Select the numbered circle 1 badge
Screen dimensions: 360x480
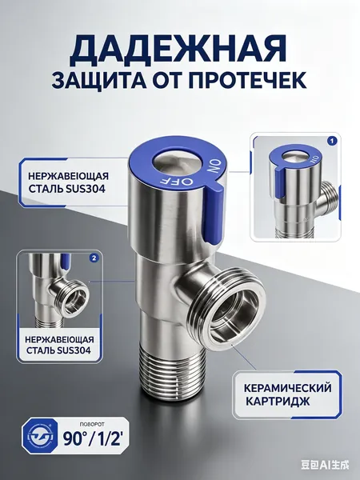(332, 141)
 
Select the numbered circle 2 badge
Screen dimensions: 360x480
(94, 258)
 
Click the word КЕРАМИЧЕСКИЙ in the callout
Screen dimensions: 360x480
(287, 388)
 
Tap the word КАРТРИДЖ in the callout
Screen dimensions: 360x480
(278, 401)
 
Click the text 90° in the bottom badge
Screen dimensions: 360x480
(75, 438)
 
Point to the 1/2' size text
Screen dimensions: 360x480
(106, 438)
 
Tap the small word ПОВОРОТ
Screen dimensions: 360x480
(92, 425)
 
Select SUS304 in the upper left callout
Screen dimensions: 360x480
(86, 189)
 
